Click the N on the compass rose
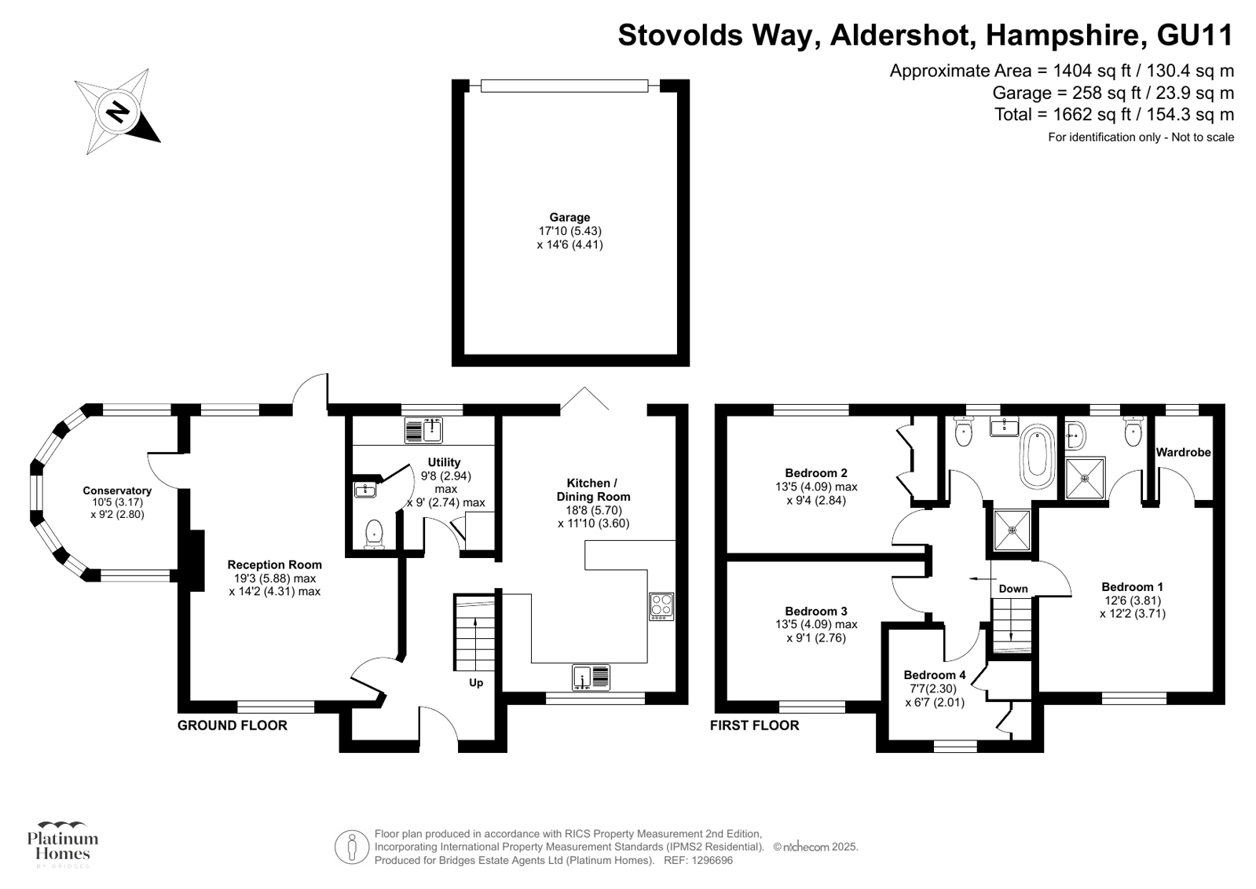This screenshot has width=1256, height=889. [119, 111]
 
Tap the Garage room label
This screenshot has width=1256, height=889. [569, 217]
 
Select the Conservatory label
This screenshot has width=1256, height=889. [117, 490]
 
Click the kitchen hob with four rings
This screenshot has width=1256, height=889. [661, 606]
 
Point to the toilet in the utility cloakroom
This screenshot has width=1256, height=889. [374, 534]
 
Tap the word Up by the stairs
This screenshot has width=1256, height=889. [476, 683]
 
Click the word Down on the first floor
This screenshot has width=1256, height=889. [1013, 589]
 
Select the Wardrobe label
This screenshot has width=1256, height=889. [1183, 452]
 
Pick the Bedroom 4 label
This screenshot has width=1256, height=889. [935, 674]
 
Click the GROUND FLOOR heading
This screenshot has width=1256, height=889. [233, 726]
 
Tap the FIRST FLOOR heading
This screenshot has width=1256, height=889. [754, 726]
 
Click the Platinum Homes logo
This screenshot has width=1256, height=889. [63, 845]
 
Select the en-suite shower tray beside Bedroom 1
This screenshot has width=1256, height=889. [1085, 478]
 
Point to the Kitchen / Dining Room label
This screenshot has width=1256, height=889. [593, 490]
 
